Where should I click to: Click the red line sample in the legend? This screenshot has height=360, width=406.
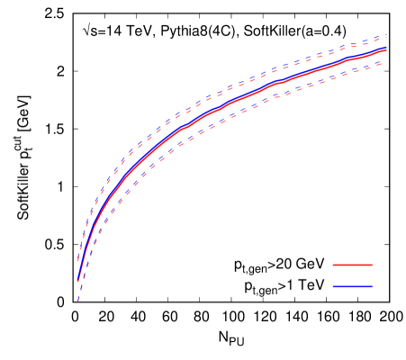click(352, 265)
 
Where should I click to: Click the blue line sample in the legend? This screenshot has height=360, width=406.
click(352, 286)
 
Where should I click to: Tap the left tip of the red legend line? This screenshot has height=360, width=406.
click(333, 265)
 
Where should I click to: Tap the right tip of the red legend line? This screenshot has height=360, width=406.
click(372, 265)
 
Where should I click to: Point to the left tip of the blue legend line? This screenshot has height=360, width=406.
click(333, 286)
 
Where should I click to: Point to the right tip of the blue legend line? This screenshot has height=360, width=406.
click(372, 286)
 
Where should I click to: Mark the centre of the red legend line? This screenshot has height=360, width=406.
click(352, 265)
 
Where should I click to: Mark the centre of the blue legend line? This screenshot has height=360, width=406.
click(352, 286)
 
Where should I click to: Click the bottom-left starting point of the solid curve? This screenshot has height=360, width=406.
click(77, 282)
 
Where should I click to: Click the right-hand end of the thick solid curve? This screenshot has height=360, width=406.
click(386, 49)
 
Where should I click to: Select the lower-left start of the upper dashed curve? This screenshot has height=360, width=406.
click(77, 264)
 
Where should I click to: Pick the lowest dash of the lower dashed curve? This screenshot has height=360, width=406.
click(78, 299)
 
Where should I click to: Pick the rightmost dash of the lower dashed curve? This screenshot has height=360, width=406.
click(384, 61)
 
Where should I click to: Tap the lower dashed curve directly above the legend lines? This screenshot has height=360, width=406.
click(352, 71)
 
